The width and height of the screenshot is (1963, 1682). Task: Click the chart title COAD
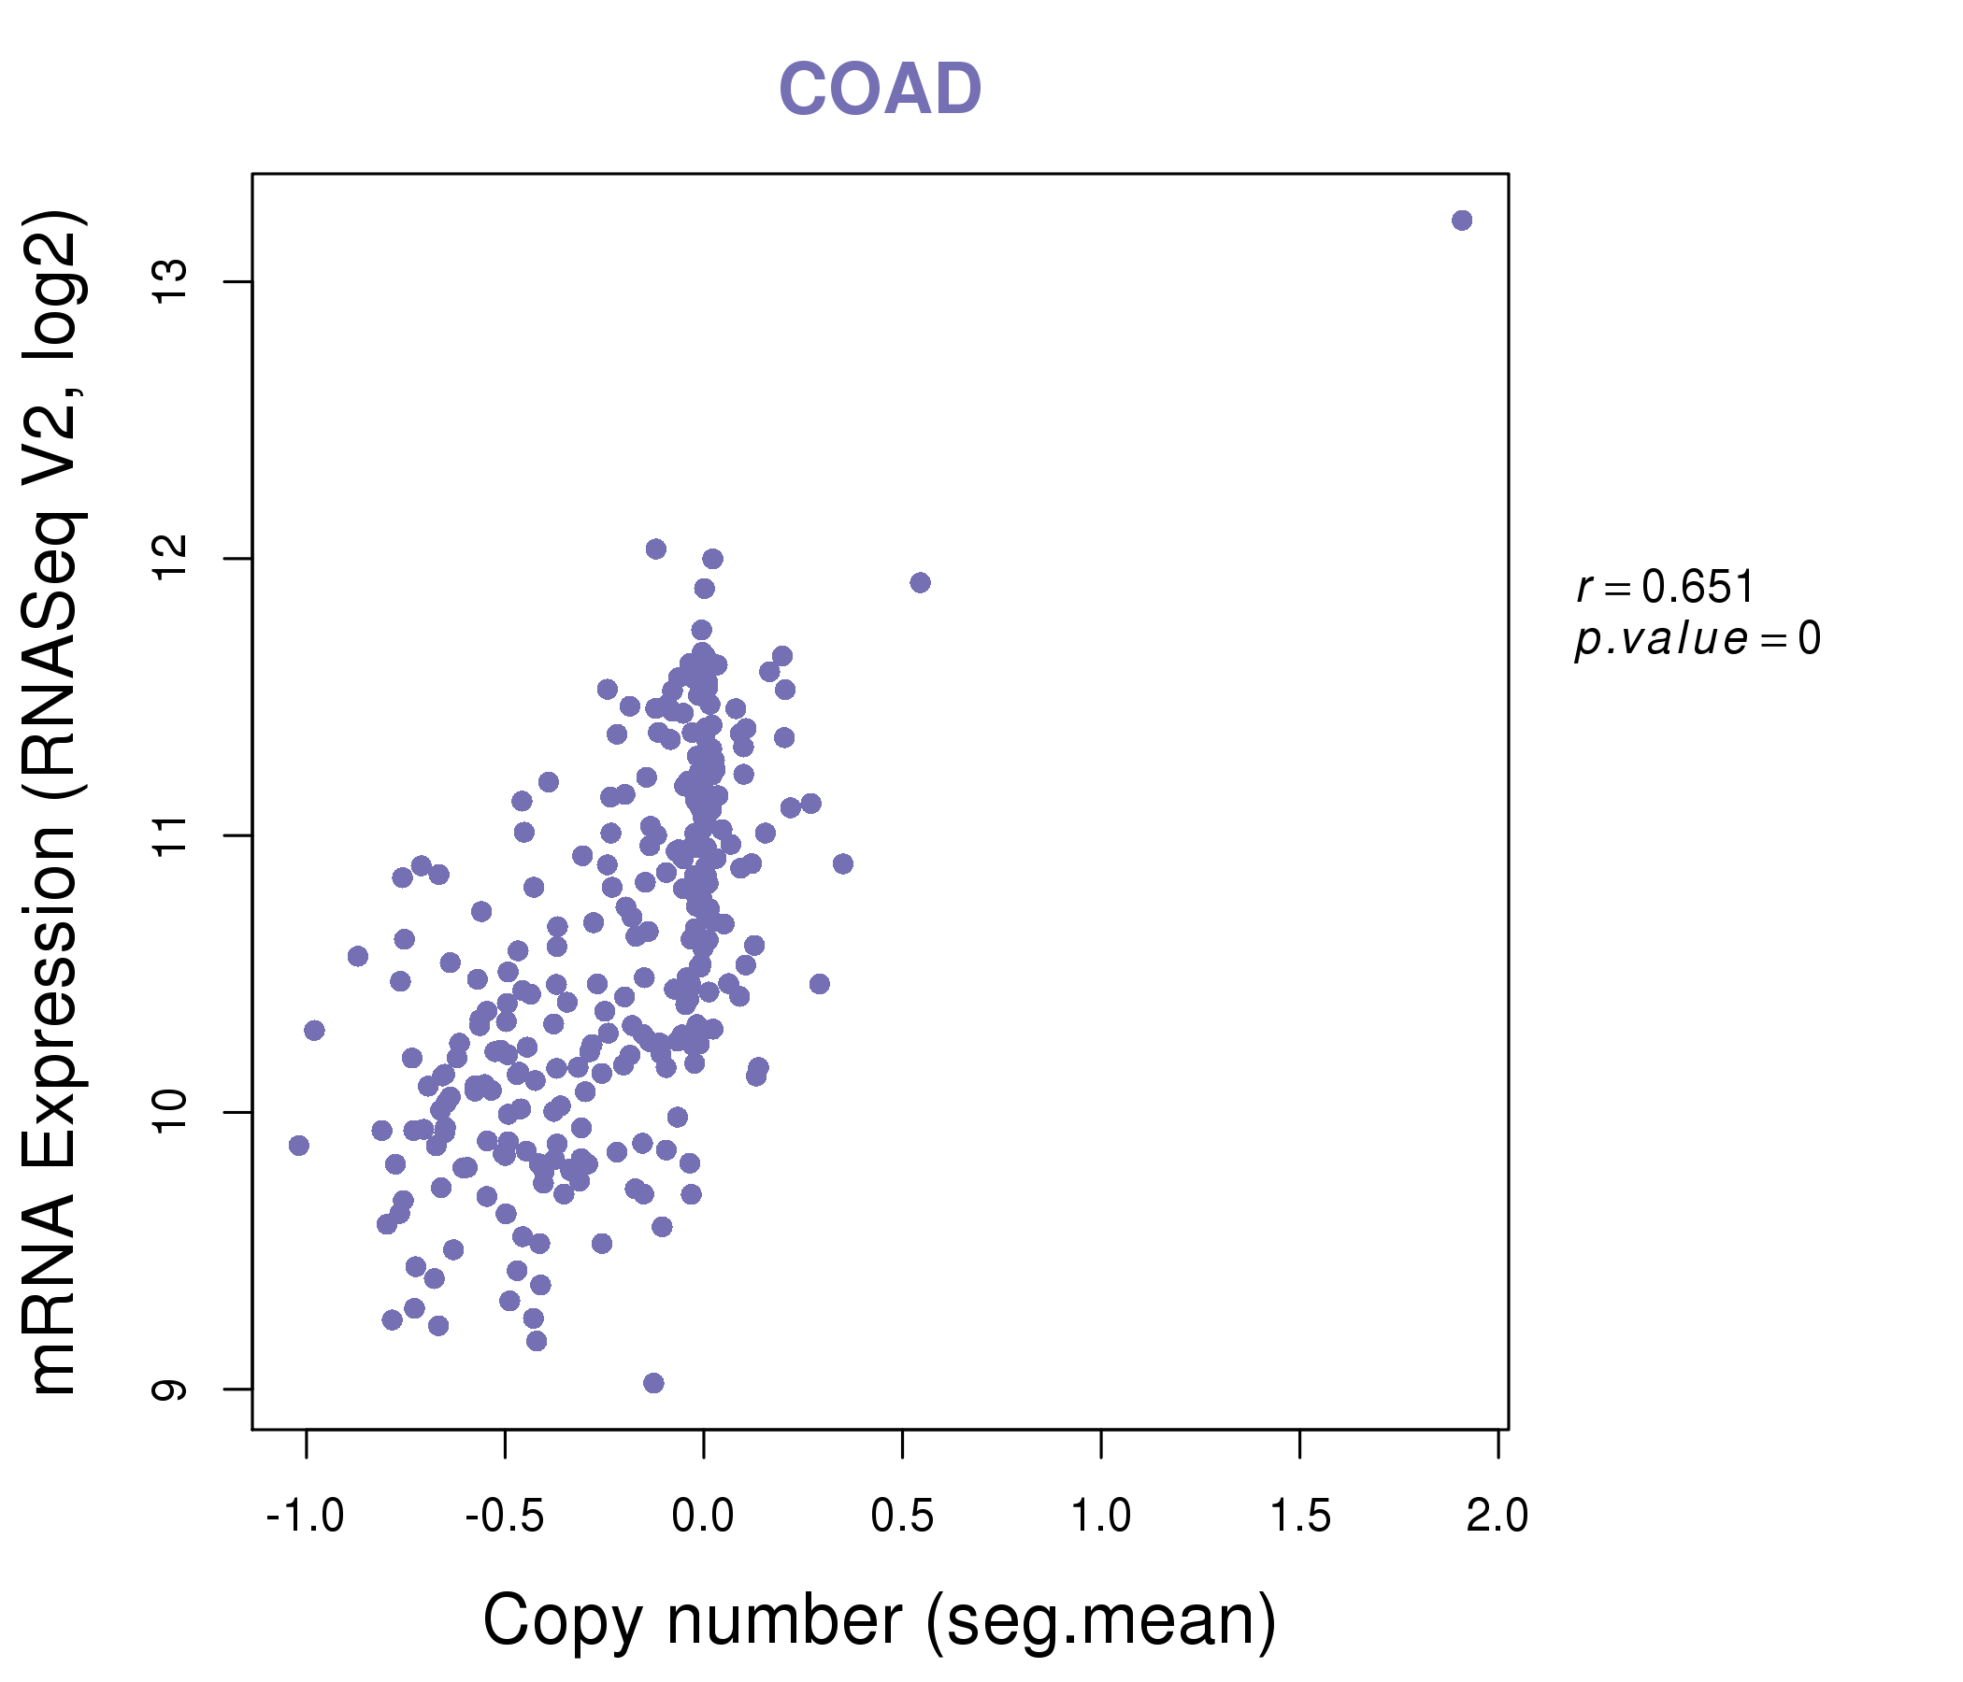(x=880, y=90)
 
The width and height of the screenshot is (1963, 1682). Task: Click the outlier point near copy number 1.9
(x=1462, y=221)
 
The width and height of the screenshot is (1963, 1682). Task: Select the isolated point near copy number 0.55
(x=920, y=582)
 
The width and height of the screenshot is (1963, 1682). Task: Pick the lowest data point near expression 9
(x=653, y=1383)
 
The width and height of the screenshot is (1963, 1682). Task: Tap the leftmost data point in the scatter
(x=298, y=1146)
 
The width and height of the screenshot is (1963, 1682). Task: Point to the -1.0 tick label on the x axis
(x=305, y=1517)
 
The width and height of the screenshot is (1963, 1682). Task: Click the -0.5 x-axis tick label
(x=504, y=1517)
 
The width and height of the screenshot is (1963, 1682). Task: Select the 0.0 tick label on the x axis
(x=703, y=1517)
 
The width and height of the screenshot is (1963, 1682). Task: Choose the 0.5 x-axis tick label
(x=902, y=1517)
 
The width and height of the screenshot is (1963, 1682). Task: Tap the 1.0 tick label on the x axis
(x=1101, y=1517)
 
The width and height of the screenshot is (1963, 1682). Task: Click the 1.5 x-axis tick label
(x=1300, y=1517)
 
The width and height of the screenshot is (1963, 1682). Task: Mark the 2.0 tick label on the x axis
(x=1497, y=1517)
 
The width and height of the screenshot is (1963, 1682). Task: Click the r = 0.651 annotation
(x=1665, y=587)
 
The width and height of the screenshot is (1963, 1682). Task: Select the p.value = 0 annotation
(x=1697, y=639)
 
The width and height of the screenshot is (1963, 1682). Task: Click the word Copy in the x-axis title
(x=563, y=1620)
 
